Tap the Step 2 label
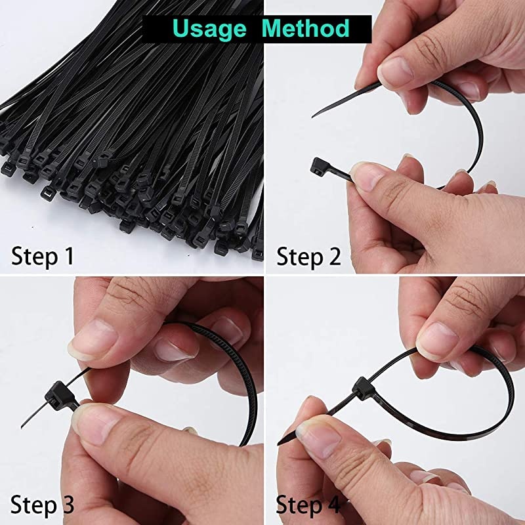coord(309,256)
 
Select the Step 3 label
coord(43,505)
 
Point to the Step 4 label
coord(309,505)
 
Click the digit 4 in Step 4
coord(334,505)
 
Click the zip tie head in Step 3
coord(56,394)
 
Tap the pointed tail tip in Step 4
coord(281,444)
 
